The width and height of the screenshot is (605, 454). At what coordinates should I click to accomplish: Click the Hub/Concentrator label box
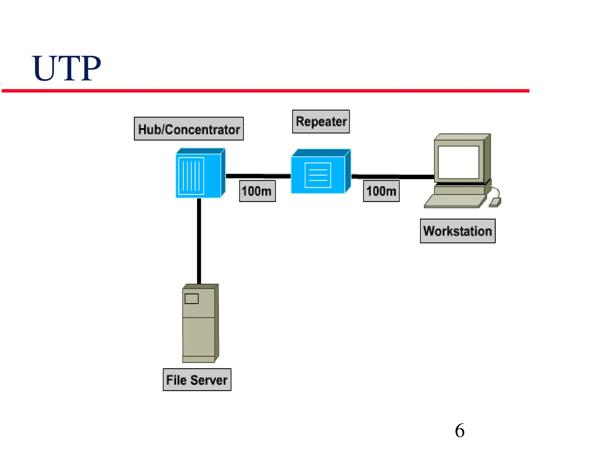tap(189, 129)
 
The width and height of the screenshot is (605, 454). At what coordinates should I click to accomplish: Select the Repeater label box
tap(321, 122)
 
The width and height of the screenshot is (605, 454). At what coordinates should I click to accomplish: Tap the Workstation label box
tap(457, 231)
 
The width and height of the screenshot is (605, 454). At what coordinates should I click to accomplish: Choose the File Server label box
tap(197, 380)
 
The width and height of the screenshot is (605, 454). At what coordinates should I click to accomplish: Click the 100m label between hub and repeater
tap(257, 191)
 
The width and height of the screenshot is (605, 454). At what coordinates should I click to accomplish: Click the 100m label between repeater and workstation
tap(381, 191)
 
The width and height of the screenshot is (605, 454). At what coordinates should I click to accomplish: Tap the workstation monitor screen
tap(458, 162)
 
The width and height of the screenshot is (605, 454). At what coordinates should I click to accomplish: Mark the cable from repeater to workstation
tap(393, 177)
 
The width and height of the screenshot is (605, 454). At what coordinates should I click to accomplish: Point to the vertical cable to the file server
tap(199, 241)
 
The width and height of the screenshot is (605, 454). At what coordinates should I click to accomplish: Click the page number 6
tap(460, 430)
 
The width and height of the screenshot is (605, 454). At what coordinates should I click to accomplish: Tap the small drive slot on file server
tap(191, 299)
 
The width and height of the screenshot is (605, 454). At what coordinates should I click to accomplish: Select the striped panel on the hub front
tap(191, 176)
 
